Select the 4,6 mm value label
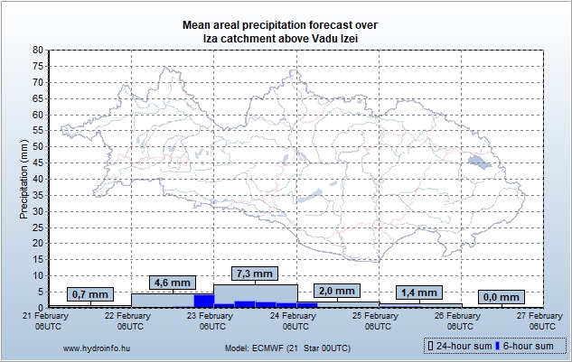tap(172, 283)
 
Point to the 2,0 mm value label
tap(337, 291)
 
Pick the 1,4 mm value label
tap(417, 293)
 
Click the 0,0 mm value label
tap(501, 297)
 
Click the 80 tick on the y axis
tap(37, 51)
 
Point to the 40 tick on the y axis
tap(37, 179)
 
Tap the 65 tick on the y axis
tap(37, 98)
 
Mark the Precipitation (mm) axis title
tap(23, 179)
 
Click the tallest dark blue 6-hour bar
tap(203, 300)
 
